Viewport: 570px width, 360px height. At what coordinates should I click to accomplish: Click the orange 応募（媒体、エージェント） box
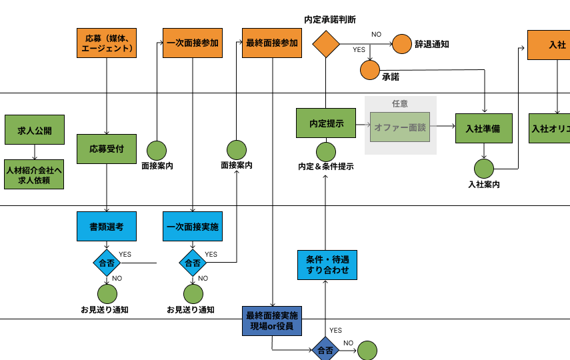pos(107,43)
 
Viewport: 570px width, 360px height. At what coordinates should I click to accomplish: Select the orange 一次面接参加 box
pos(193,43)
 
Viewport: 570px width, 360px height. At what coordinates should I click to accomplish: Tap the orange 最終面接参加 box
pos(272,43)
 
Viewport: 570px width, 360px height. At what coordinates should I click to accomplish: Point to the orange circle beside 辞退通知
pos(402,44)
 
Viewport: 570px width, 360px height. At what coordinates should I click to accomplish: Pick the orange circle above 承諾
pos(370,69)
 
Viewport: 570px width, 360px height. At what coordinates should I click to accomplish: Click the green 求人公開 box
pos(35,130)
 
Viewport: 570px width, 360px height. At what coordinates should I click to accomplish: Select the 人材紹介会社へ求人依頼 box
pos(35,174)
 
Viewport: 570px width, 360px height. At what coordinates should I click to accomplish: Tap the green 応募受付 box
pos(107,149)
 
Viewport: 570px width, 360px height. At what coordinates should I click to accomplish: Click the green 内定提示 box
pos(326,124)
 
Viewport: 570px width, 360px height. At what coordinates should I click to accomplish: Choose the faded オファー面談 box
pos(401,127)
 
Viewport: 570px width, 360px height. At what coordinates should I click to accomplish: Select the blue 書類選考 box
pos(107,227)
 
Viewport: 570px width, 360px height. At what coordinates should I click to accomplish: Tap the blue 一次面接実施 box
pos(193,227)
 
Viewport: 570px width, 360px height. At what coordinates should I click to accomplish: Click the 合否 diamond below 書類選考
pos(107,263)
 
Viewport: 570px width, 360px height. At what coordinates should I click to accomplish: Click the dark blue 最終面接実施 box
pos(272,321)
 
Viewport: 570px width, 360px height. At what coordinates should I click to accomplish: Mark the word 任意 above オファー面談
pos(400,104)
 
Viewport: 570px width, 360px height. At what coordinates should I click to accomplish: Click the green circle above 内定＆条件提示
pos(326,153)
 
